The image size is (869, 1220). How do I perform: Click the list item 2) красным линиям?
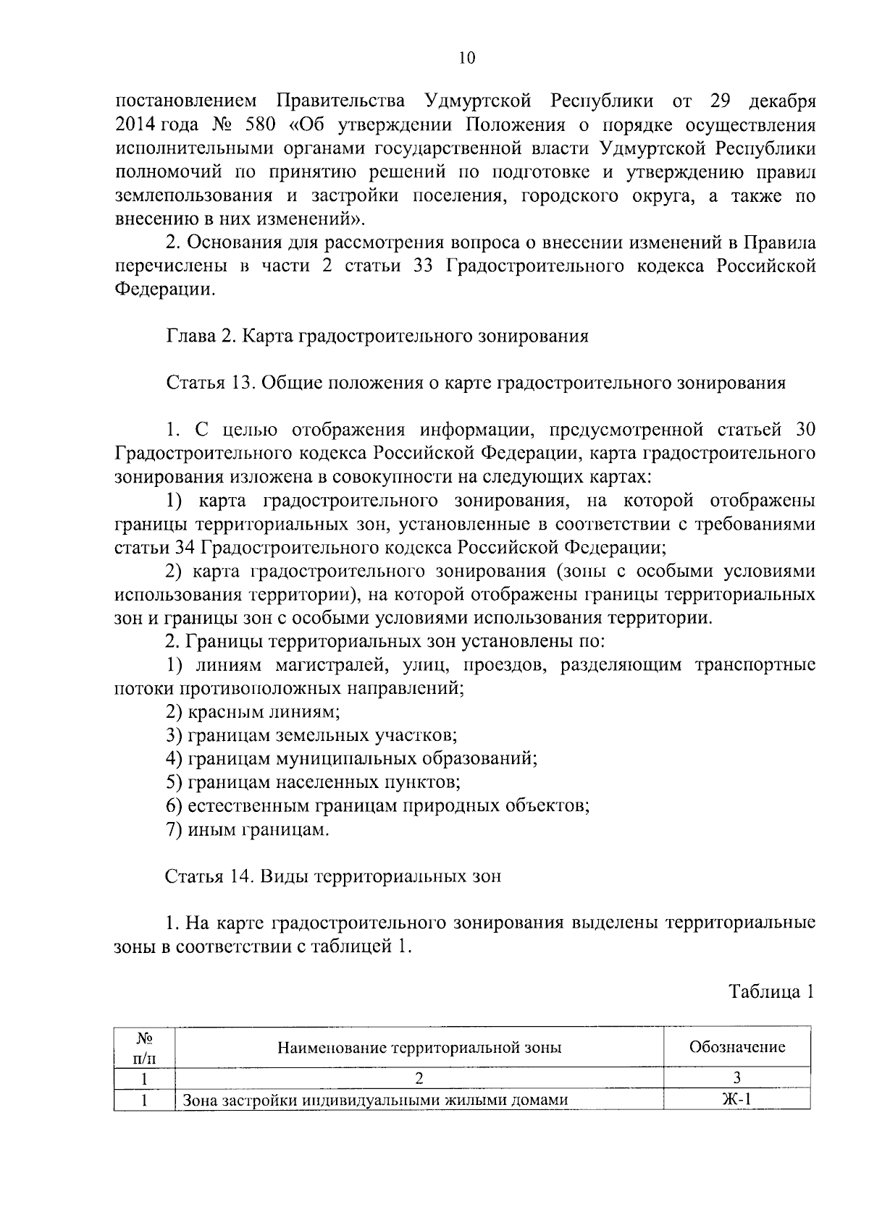253,712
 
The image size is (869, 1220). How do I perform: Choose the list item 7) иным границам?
248,829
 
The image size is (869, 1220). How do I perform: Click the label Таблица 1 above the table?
771,991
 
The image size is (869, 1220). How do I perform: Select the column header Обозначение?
736,1047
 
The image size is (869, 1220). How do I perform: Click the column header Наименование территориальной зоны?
419,1047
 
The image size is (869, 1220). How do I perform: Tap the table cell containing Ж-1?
736,1101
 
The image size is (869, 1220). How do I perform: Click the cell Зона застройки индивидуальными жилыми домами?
374,1101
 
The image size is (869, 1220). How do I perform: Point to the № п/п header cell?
145,1047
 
